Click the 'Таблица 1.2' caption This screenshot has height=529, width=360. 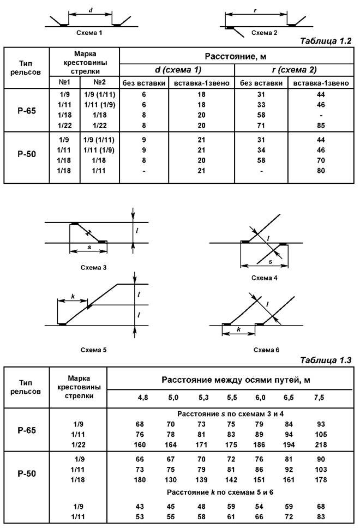[x=326, y=41]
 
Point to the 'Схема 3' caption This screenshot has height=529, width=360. [x=93, y=267]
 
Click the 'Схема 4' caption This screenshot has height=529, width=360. [x=265, y=278]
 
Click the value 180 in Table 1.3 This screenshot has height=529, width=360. [x=143, y=480]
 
